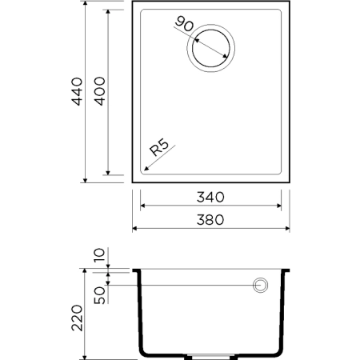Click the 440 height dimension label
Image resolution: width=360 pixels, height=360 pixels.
pos(78,93)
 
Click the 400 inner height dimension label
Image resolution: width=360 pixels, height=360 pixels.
pos(100,93)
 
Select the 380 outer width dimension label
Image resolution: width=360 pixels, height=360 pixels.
pos(211,219)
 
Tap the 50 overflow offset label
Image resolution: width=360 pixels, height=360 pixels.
pos(100,295)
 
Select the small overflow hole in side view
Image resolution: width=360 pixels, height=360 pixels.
pos(260,285)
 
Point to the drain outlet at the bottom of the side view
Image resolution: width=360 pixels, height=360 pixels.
pos(210,354)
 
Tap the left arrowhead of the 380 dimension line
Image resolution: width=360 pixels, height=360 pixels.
pos(134,228)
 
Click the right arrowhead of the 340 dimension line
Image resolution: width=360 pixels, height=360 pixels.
pos(279,206)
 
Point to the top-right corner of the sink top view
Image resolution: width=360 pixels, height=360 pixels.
pos(289,2)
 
